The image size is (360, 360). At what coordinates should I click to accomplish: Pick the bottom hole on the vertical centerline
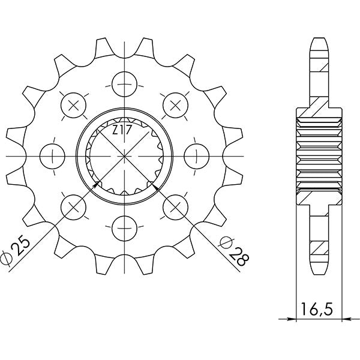tap(124, 227)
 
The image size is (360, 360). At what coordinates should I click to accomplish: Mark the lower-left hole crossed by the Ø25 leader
tap(74, 206)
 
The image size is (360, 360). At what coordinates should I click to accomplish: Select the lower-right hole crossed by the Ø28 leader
tap(175, 206)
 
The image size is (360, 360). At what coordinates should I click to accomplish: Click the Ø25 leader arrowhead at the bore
tap(99, 182)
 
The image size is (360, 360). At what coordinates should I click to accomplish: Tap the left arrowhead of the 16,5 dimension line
tap(298, 319)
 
